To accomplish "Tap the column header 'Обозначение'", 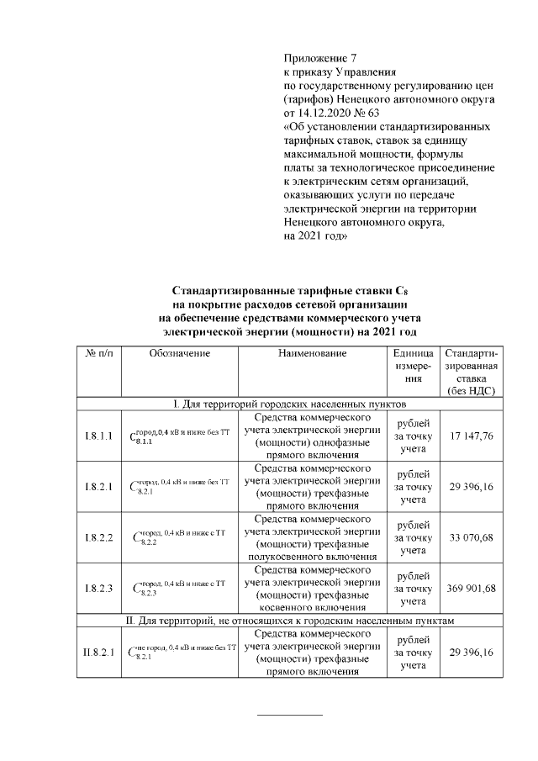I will [x=179, y=354].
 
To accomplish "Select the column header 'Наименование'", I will [x=312, y=354].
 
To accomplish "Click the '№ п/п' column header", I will [x=99, y=354].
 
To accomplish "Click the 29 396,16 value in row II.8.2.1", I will [x=471, y=652].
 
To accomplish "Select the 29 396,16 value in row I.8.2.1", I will [x=471, y=486].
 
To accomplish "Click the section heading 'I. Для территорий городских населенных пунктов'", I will [x=290, y=404].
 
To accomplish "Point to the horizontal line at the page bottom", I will [x=289, y=715].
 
